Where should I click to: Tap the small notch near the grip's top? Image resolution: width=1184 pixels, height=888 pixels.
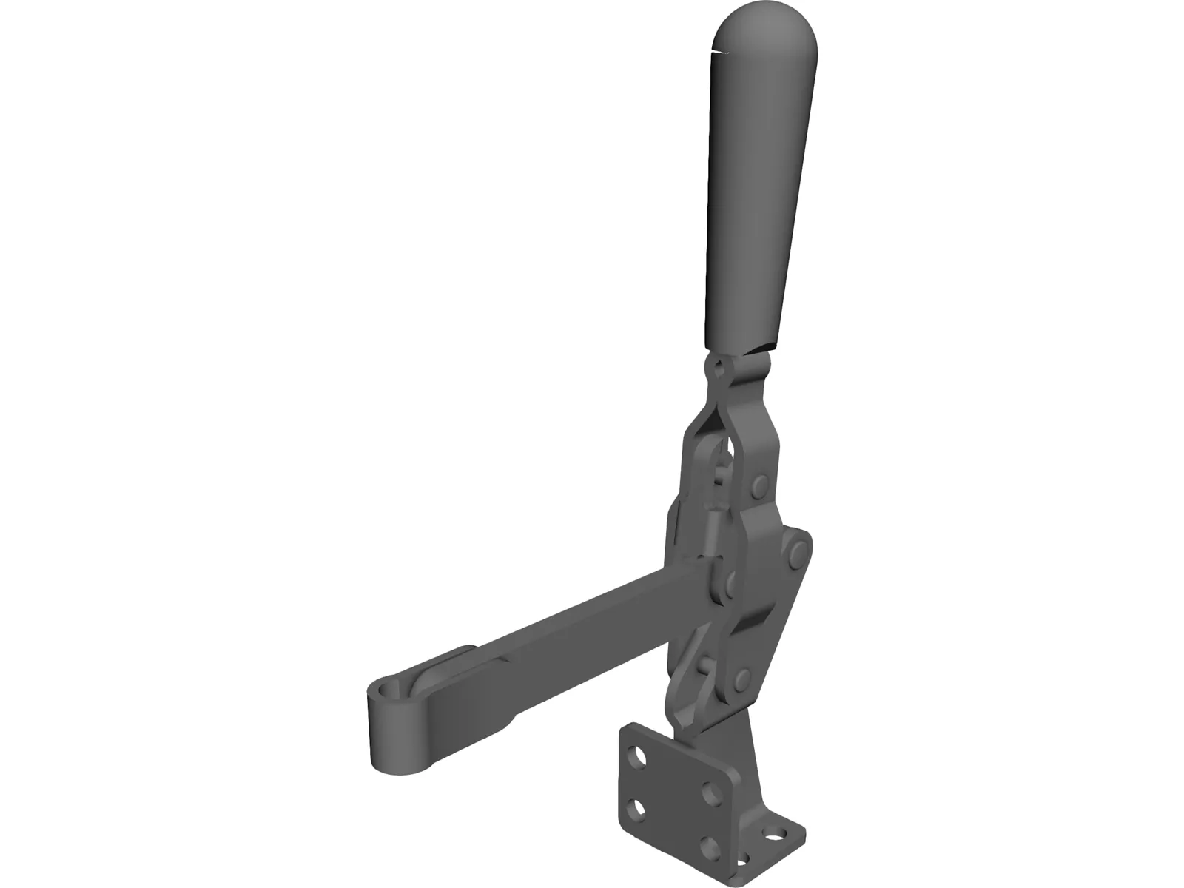point(717,52)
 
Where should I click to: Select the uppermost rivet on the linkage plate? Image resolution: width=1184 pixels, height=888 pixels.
point(759,486)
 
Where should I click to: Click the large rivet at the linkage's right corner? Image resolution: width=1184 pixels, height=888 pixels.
point(797,551)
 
